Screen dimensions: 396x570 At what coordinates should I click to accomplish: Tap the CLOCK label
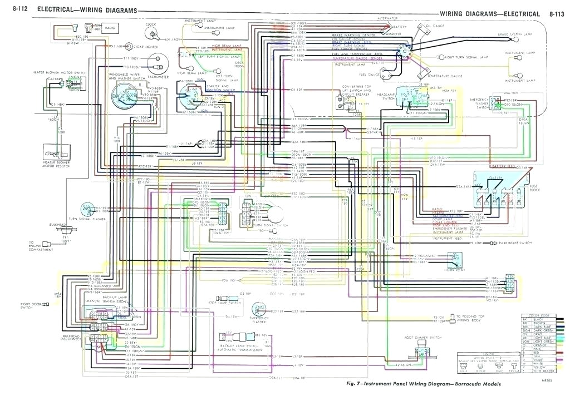pos(150,24)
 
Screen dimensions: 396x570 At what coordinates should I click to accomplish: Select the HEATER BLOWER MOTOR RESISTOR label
pos(55,164)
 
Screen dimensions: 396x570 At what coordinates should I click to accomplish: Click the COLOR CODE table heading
pos(537,316)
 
